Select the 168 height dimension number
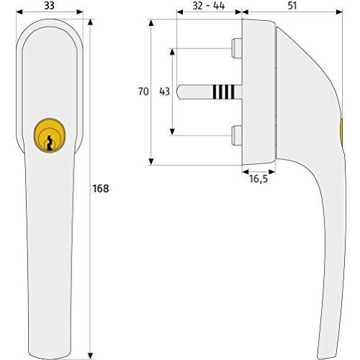102,189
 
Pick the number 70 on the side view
143,91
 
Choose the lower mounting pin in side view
237,134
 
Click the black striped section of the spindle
223,91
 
